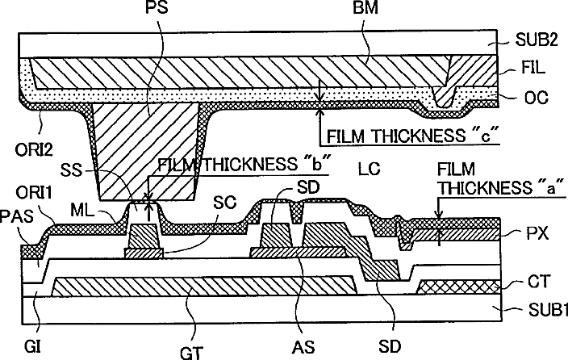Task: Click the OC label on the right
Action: [536, 98]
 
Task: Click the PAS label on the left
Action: [15, 216]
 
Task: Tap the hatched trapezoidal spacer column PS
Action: [147, 153]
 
